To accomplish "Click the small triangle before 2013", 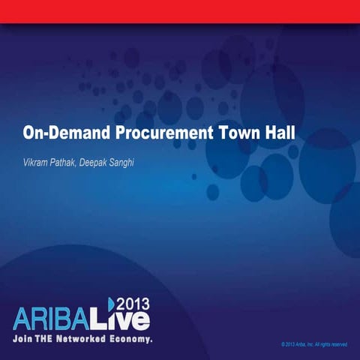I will pos(109,303).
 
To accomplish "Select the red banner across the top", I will pos(180,10).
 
